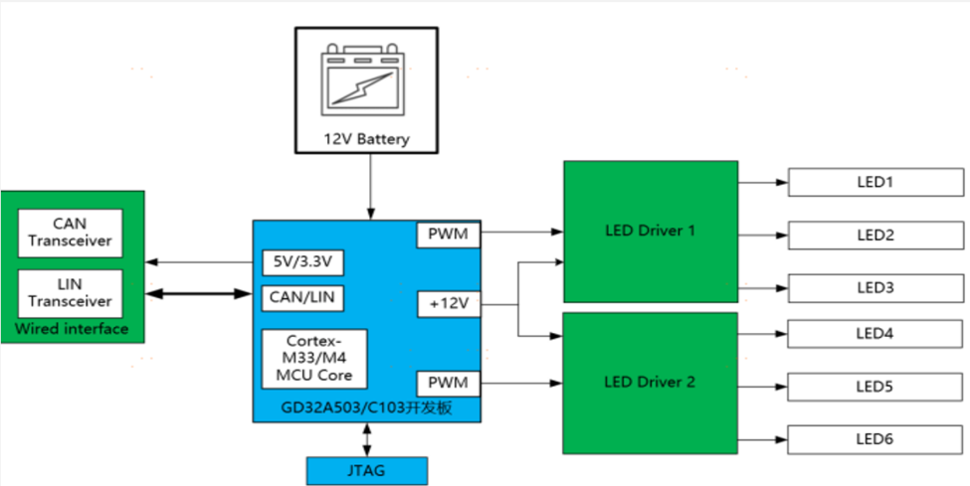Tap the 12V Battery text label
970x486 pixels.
366,139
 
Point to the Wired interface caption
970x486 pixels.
72,329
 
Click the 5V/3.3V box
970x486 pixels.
302,262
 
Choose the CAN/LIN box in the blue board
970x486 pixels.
302,296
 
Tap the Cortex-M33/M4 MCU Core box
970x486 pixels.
314,358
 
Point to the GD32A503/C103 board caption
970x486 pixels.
365,408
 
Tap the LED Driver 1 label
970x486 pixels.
650,231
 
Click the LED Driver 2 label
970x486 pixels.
650,382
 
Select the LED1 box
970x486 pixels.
875,183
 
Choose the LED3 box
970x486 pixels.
875,287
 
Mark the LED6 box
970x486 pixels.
875,437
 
